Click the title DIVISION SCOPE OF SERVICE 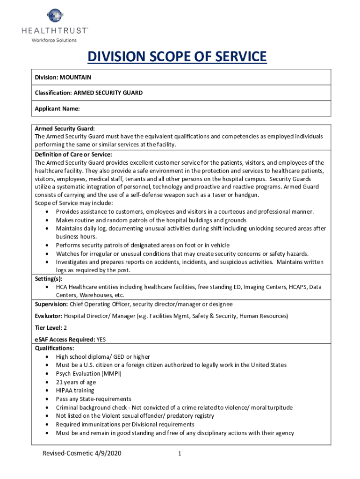click(177, 57)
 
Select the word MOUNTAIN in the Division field click(75, 77)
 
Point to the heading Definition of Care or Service click(73, 154)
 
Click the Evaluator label click(49, 316)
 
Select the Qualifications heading click(54, 348)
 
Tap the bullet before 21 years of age click(48, 382)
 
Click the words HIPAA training click(75, 391)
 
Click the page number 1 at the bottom click(180, 454)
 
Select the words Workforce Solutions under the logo click(54, 40)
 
